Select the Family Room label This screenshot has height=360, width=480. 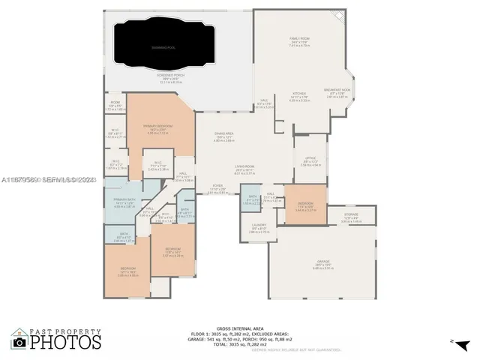click(x=301, y=37)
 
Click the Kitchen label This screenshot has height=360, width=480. click(x=299, y=94)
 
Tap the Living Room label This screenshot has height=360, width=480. click(x=245, y=167)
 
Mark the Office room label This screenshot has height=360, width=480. click(x=310, y=160)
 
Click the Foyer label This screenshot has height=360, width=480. click(x=217, y=186)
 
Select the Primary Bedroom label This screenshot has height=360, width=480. click(x=158, y=126)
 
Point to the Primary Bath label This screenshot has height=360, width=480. click(x=124, y=199)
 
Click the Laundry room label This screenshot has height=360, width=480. click(x=258, y=226)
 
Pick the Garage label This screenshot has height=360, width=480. click(x=323, y=262)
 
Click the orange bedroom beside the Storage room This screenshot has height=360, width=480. click(x=305, y=204)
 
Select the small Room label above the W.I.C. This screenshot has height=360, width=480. click(x=115, y=103)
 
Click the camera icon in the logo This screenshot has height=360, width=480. click(x=19, y=343)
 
